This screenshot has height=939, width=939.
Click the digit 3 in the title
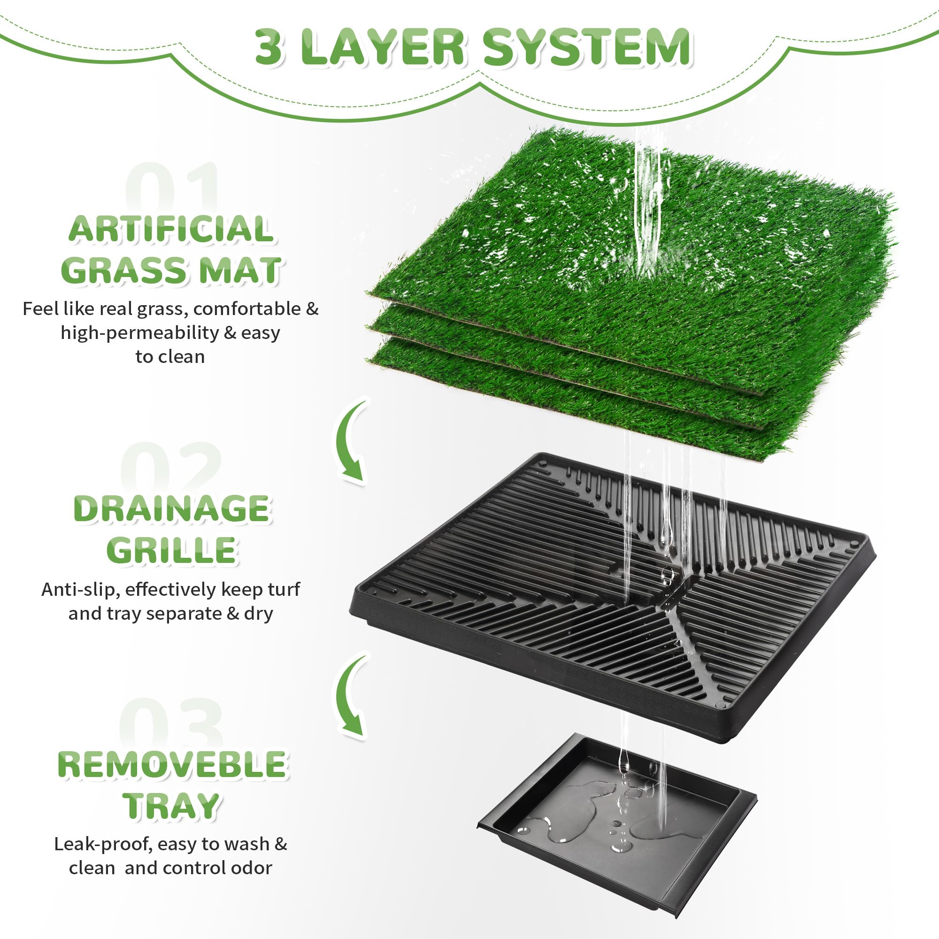click(268, 47)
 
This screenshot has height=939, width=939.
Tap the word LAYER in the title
click(383, 47)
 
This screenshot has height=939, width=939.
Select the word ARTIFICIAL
click(170, 229)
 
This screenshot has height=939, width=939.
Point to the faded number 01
click(172, 187)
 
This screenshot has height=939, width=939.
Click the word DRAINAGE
click(171, 509)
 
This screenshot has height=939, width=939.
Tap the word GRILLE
click(171, 550)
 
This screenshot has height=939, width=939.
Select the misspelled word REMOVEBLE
click(172, 764)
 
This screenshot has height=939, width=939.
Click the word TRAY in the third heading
click(171, 806)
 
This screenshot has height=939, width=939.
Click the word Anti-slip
click(79, 590)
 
